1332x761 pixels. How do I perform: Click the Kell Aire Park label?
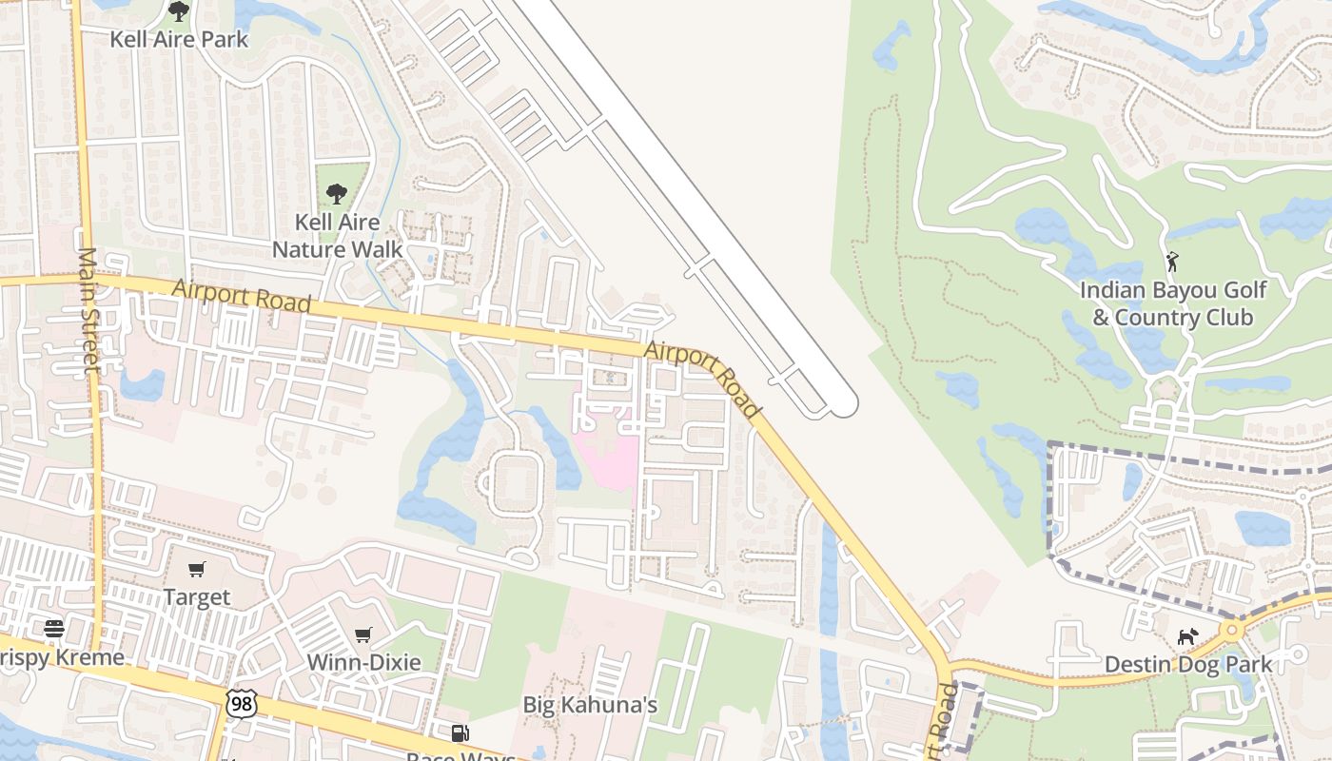pos(179,39)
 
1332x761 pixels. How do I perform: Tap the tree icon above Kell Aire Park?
pos(179,11)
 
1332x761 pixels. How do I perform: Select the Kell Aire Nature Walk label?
pos(337,236)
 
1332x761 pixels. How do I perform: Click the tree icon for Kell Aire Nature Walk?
pos(336,194)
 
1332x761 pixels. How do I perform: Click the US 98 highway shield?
pos(241,703)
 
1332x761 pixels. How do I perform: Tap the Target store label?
pos(197,597)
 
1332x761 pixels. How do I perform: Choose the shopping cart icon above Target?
pos(197,570)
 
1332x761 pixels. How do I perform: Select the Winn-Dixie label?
pos(363,662)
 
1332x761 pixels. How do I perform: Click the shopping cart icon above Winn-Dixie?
pos(362,634)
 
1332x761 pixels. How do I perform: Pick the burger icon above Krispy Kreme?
pos(54,628)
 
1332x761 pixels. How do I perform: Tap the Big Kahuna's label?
pos(590,705)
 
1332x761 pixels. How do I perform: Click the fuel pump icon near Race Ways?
pos(460,732)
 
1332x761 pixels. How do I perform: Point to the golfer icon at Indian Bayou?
pos(1172,261)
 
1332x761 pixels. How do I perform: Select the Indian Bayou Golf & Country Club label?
pos(1172,302)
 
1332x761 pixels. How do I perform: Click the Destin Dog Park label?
pos(1187,664)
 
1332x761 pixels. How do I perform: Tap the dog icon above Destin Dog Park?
pos(1187,636)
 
